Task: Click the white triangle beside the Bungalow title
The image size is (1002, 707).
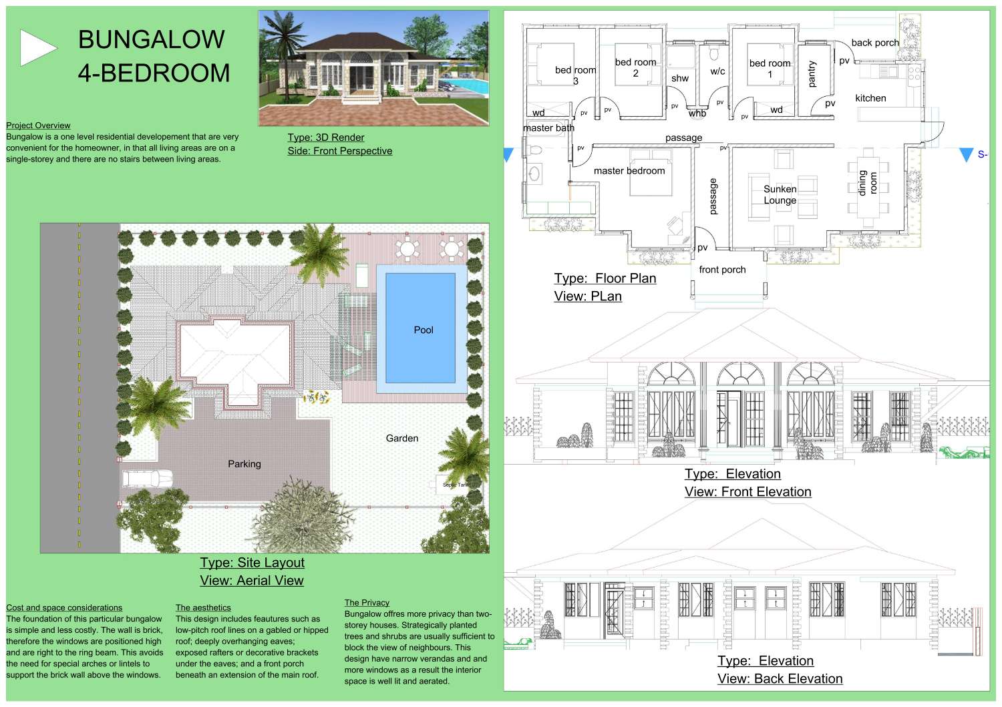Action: pyautogui.click(x=37, y=48)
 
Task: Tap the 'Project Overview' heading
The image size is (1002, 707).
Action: pyautogui.click(x=38, y=126)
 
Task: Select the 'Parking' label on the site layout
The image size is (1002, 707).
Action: pyautogui.click(x=244, y=464)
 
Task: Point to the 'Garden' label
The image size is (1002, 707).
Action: pyautogui.click(x=402, y=439)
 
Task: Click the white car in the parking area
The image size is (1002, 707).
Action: pyautogui.click(x=148, y=479)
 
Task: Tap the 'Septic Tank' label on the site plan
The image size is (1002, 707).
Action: pyautogui.click(x=456, y=485)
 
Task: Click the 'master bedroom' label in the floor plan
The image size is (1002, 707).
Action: pyautogui.click(x=629, y=171)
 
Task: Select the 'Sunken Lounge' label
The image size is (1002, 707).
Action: pyautogui.click(x=780, y=194)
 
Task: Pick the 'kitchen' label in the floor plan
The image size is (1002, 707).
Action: pyautogui.click(x=870, y=98)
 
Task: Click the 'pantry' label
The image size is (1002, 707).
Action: pyautogui.click(x=812, y=74)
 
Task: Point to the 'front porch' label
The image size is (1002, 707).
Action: pyautogui.click(x=722, y=270)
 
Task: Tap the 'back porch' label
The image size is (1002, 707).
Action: pyautogui.click(x=875, y=43)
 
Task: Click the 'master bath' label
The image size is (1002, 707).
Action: pyautogui.click(x=548, y=128)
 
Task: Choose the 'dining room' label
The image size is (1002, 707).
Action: pyautogui.click(x=868, y=183)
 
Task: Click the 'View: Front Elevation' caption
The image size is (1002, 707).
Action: pyautogui.click(x=747, y=492)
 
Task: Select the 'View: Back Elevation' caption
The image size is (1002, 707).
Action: pyautogui.click(x=780, y=679)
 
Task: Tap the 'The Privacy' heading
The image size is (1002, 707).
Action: pyautogui.click(x=367, y=603)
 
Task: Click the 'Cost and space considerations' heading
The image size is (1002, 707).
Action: pyautogui.click(x=64, y=608)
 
